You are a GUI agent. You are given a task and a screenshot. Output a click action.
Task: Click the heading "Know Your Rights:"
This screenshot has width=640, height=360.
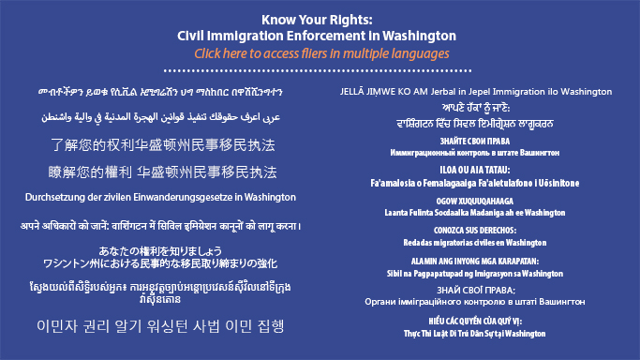point(320,18)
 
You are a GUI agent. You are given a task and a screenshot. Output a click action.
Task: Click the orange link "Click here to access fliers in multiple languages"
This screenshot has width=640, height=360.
point(320,53)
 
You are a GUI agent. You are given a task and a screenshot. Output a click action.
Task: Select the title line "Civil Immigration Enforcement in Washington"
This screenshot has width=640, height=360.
point(320,35)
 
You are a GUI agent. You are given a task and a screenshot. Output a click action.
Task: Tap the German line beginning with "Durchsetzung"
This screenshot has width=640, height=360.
point(160,198)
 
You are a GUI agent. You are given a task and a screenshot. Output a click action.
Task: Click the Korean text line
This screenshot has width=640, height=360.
point(160,325)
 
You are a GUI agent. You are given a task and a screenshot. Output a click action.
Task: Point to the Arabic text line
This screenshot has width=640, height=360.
point(160,118)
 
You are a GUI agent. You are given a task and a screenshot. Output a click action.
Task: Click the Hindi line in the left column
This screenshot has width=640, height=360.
point(160,226)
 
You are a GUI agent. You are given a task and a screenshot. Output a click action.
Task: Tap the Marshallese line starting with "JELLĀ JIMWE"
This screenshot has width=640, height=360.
point(479,92)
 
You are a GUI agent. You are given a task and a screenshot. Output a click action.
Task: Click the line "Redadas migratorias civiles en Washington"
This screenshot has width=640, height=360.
point(479,242)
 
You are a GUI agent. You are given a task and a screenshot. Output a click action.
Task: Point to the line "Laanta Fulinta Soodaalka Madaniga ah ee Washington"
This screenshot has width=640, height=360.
point(479,213)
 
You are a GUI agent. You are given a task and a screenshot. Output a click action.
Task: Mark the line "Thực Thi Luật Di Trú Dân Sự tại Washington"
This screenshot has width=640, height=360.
point(479,333)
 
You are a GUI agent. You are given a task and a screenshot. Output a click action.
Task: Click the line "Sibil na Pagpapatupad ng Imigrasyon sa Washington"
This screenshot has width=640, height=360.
point(479,273)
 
